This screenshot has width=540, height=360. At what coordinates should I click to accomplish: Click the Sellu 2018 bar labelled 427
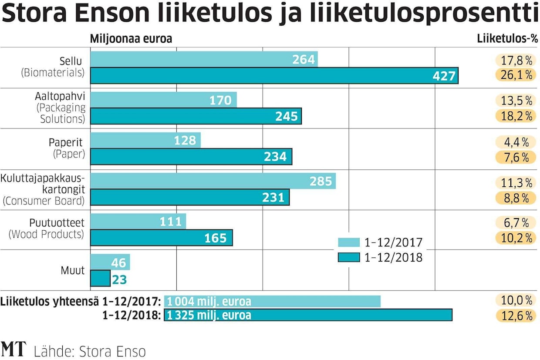(x=274, y=76)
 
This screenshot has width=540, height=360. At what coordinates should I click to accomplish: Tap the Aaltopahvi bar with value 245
(x=196, y=116)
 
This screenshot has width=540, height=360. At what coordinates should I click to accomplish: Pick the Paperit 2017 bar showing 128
(x=145, y=141)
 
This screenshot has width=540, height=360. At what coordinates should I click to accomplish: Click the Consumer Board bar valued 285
(x=213, y=181)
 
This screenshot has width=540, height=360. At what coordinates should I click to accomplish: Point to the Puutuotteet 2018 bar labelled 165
(x=161, y=238)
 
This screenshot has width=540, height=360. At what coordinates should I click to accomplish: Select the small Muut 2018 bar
(x=100, y=279)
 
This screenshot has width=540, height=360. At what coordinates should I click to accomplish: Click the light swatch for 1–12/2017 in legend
(x=348, y=242)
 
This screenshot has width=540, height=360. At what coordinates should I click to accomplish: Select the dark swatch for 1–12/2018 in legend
(x=348, y=257)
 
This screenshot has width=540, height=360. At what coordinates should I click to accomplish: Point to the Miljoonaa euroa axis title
(x=131, y=39)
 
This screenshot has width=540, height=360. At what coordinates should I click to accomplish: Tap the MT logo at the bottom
(x=13, y=350)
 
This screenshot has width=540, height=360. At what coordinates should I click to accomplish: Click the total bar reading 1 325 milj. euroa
(x=308, y=315)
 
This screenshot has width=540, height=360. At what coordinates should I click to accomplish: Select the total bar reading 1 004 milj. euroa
(x=272, y=301)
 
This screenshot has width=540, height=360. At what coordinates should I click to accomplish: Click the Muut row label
(x=73, y=270)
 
